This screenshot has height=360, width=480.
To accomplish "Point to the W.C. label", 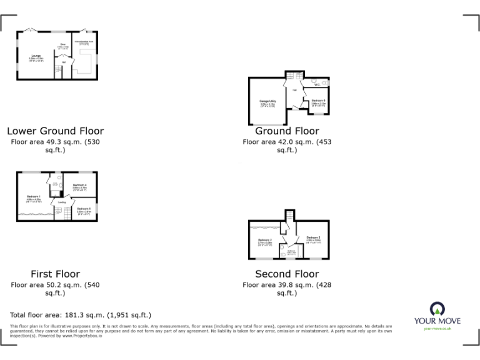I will tap(317, 84).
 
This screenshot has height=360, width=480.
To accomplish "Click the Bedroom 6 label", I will tap(318, 101).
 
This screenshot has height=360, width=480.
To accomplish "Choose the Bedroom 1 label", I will tap(34, 197).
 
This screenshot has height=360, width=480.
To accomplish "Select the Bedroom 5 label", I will tap(84, 209).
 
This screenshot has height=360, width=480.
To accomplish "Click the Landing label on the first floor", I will tap(62, 202).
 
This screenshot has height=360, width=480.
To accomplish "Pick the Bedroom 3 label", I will tap(314, 237).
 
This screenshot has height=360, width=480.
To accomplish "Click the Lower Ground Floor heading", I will tap(55, 131).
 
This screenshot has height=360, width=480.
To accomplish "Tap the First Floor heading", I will tap(55, 274).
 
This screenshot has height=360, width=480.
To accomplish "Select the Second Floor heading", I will tap(287, 274).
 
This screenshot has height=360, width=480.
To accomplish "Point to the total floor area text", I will tap(81, 315).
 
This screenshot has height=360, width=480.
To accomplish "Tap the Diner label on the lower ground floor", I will tap(62, 44).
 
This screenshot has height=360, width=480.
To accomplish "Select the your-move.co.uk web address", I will tap(437, 327).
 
